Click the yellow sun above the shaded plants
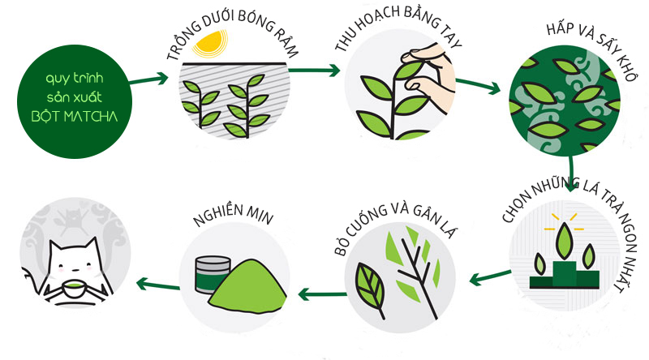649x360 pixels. (x=210, y=44)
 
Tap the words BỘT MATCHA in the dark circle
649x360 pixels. (x=75, y=116)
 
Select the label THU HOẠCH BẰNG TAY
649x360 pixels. (x=398, y=30)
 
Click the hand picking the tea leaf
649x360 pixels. (x=428, y=75)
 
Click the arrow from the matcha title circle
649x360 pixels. (x=149, y=79)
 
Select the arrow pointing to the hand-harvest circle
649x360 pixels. (x=315, y=71)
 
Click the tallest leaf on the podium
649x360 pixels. (x=564, y=241)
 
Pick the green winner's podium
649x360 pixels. (x=564, y=276)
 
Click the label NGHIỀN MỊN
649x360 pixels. (x=233, y=214)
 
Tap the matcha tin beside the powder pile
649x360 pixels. (x=212, y=275)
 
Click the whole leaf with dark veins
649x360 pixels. (x=371, y=286)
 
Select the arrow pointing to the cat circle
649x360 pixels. (x=157, y=285)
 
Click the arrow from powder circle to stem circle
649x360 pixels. (x=322, y=294)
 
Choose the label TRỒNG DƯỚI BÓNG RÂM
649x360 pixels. (x=232, y=35)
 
